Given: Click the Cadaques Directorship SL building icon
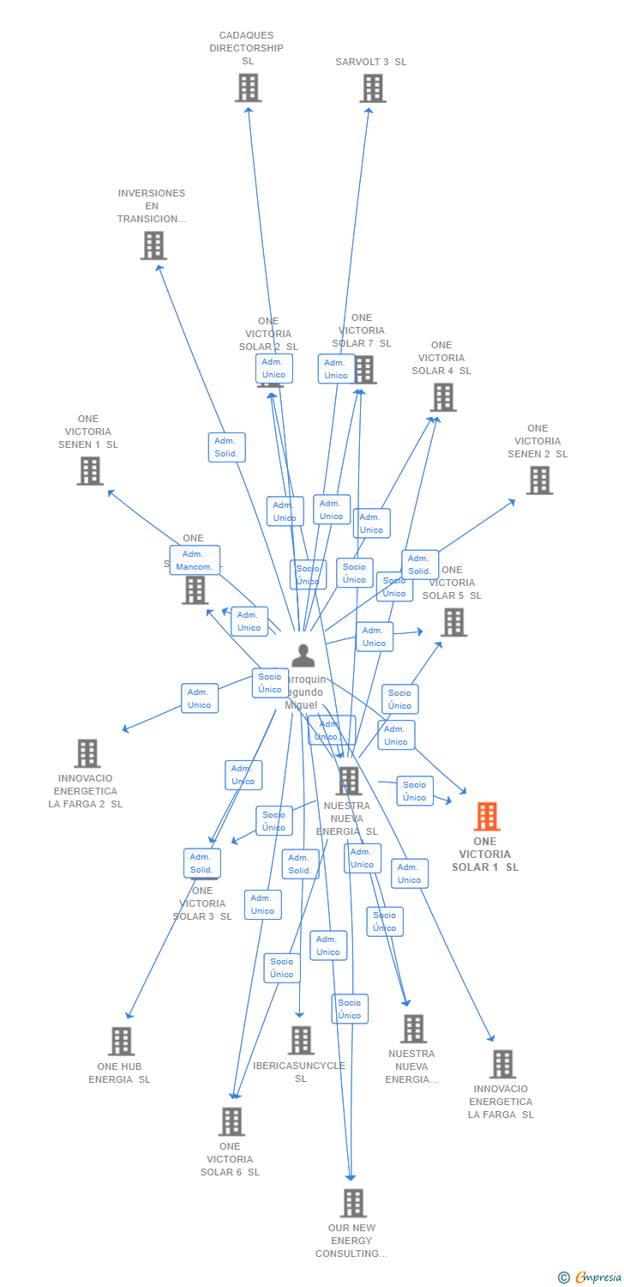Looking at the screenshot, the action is click(248, 88).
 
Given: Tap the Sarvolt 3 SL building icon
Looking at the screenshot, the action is click(373, 88).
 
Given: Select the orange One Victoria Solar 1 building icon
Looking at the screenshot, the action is click(487, 817).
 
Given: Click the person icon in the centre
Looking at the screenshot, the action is click(303, 655).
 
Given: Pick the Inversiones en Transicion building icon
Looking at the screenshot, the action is click(153, 245).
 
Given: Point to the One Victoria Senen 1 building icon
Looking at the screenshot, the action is click(90, 470).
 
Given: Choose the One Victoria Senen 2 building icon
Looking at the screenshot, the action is click(539, 480).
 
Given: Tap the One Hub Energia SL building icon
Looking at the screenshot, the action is click(122, 1041).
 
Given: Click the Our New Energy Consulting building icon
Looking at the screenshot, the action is click(353, 1203).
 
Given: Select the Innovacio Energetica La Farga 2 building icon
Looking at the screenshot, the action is click(87, 753).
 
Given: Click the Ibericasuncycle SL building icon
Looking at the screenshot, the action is click(301, 1040).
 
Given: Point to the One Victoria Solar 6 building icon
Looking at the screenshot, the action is click(231, 1121).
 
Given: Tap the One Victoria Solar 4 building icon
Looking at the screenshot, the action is click(443, 397).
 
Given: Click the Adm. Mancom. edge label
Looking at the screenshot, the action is click(195, 560).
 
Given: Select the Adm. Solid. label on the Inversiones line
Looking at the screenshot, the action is click(226, 447).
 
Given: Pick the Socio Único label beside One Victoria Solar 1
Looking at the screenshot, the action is click(415, 791).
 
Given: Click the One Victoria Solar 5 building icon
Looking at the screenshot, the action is click(453, 622).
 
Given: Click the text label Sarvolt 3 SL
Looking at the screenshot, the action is click(371, 62).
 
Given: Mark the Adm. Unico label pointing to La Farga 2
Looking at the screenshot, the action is click(200, 698).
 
